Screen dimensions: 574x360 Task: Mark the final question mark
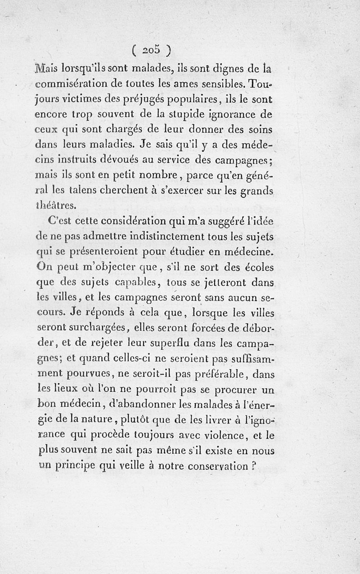pyautogui.click(x=254, y=467)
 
